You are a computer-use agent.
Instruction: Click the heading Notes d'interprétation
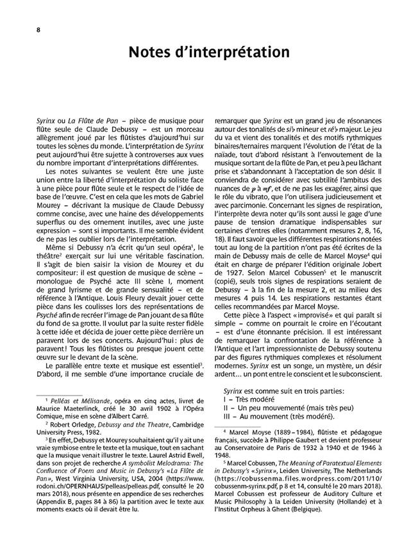coord(208,52)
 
